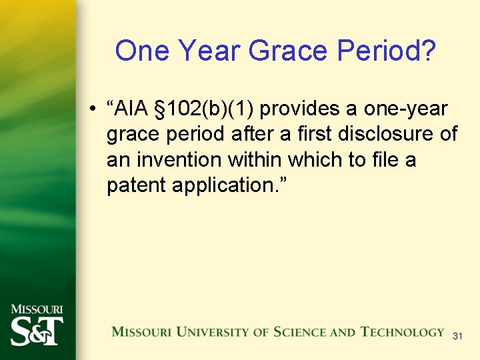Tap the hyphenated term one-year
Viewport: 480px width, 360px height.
click(405, 109)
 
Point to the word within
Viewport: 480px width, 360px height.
click(258, 160)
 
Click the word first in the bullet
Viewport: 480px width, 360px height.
click(313, 134)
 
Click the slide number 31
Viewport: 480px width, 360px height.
click(457, 337)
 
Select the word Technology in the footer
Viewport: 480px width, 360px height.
click(402, 332)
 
